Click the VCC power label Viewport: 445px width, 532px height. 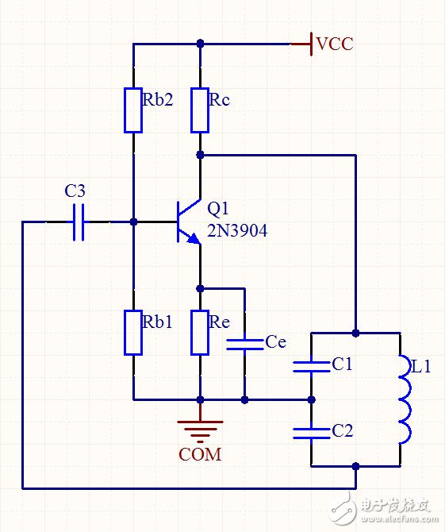335,44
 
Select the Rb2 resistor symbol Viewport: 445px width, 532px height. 132,110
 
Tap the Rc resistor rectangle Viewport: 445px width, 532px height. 200,110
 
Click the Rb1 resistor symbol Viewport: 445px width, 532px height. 132,333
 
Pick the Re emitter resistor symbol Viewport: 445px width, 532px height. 200,333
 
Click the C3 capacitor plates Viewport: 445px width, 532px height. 79,222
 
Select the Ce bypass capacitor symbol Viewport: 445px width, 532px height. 244,344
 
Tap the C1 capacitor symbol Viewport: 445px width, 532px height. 312,366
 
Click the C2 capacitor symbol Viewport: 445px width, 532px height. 312,434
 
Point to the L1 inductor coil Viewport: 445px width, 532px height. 405,399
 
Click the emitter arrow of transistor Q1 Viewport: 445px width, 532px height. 194,238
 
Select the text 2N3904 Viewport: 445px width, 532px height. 237,231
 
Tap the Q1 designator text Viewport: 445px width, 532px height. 218,209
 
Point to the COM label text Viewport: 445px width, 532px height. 200,454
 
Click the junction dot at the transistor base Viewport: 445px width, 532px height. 133,222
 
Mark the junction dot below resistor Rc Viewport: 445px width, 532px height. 201,155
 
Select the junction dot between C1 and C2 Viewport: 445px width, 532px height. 312,400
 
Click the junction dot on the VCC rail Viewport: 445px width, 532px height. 201,44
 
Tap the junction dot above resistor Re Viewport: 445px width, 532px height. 201,289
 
